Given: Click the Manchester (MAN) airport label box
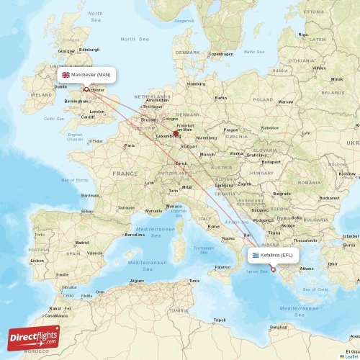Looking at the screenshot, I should coord(86,74).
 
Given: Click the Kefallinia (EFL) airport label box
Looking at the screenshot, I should coord(272,254).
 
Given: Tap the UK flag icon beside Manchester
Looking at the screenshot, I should coord(66,74).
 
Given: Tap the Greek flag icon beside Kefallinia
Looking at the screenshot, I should coord(254,254).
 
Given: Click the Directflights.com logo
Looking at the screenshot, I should coord(34,336).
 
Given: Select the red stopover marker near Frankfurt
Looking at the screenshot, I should coord(176,132).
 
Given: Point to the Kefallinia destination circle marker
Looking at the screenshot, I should coord(273,269).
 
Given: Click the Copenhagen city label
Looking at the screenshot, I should coord(221,54).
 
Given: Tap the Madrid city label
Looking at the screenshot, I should coord(82,243).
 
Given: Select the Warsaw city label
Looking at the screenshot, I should coord(286,102).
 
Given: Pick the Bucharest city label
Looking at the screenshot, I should coord(329,197).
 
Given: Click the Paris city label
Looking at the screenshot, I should coord(130,145).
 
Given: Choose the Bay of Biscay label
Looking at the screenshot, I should coord(74,180).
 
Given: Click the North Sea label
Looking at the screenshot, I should coord(128,39).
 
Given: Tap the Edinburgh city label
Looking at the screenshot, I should coord(89,50).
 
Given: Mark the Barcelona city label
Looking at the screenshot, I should coord(135,234).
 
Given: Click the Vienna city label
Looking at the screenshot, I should coord(236,153).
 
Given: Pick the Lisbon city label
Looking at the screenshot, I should coord(37,260).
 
